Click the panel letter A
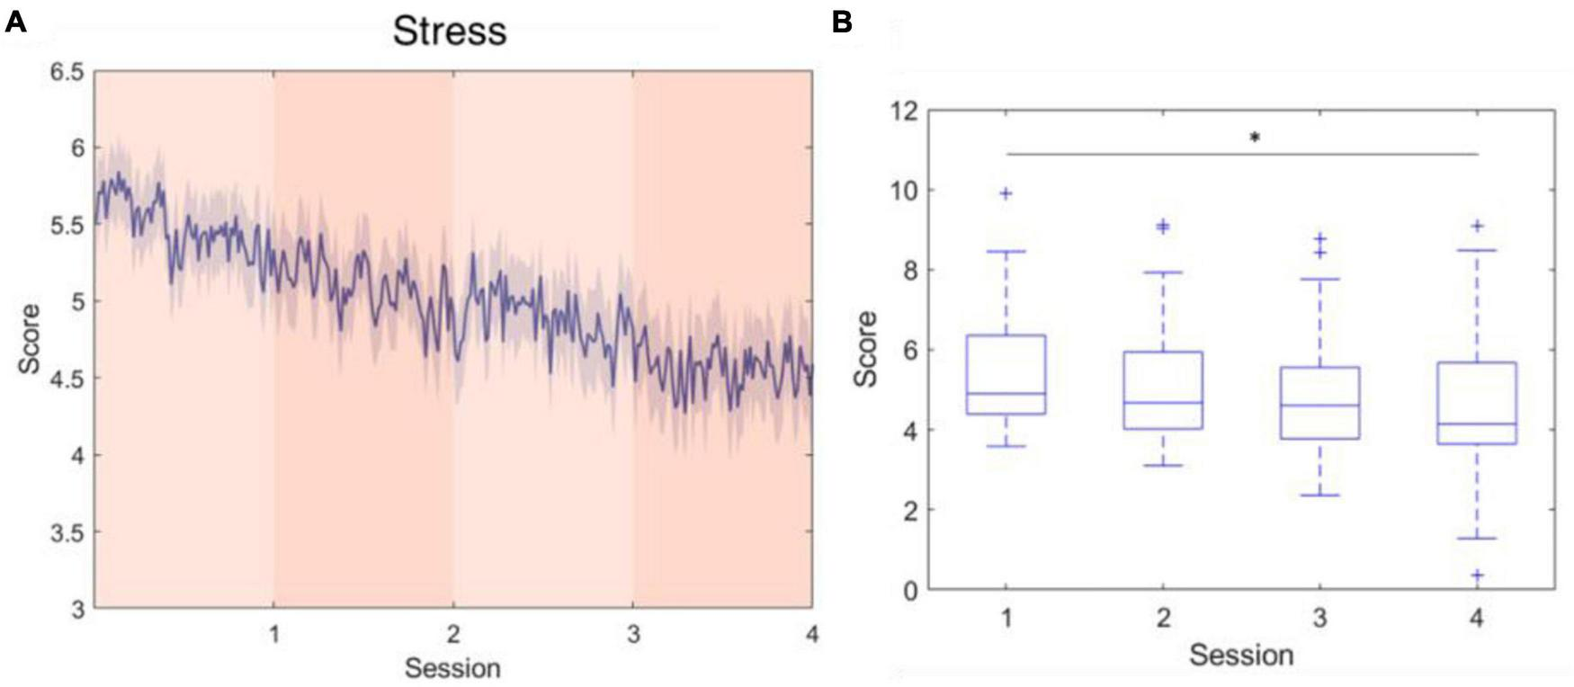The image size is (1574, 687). (x=15, y=22)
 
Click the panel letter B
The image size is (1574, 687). (x=842, y=22)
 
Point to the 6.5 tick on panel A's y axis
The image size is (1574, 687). (x=64, y=72)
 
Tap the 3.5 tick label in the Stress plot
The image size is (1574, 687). (x=64, y=532)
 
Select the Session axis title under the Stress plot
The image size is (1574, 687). (x=452, y=668)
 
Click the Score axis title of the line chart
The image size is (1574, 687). (x=30, y=339)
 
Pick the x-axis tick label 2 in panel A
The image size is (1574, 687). (x=452, y=634)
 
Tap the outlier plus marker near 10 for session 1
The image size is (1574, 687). (x=1006, y=193)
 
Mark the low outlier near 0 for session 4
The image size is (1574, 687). (x=1477, y=575)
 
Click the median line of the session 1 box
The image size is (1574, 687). (x=1006, y=394)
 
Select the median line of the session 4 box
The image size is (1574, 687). (x=1477, y=424)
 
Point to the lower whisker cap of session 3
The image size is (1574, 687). (x=1319, y=495)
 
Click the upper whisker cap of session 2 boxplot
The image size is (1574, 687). (x=1163, y=272)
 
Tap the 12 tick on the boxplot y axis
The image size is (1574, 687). (x=903, y=112)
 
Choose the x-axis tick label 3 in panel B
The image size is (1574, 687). (x=1319, y=618)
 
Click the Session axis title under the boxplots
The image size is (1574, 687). (x=1240, y=655)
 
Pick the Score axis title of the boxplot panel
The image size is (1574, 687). (x=866, y=349)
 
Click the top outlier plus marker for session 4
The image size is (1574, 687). (x=1477, y=227)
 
